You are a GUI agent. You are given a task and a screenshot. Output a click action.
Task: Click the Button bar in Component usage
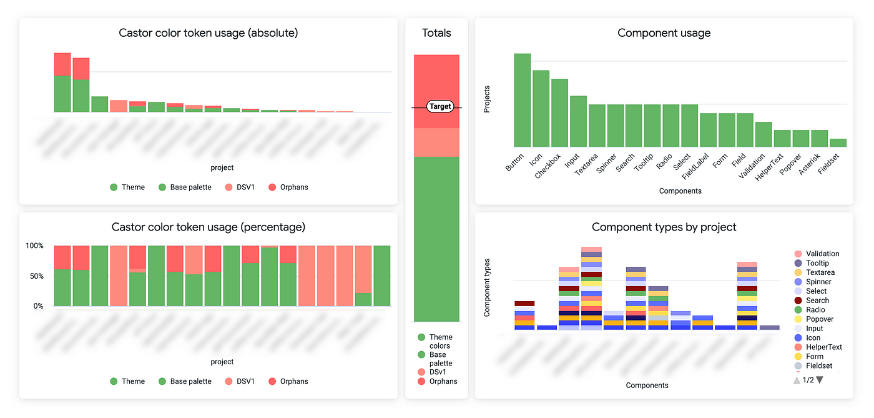[523, 100]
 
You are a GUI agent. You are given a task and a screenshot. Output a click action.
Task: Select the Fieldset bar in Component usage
[838, 142]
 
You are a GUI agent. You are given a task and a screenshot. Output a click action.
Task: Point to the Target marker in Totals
[439, 106]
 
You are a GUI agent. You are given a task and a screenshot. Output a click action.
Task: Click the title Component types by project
[664, 227]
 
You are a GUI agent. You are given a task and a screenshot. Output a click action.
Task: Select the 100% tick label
[34, 246]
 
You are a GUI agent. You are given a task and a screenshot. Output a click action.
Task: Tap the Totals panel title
[436, 32]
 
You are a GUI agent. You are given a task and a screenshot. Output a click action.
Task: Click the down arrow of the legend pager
[820, 380]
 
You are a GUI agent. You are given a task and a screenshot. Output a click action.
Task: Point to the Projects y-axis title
[488, 99]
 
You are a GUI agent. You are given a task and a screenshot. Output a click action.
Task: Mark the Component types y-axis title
[488, 287]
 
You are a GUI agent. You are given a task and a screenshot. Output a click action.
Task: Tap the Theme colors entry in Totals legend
[440, 341]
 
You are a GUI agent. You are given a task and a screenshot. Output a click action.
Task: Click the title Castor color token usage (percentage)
[209, 227]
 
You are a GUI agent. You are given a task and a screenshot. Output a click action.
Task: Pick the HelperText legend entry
[823, 347]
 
